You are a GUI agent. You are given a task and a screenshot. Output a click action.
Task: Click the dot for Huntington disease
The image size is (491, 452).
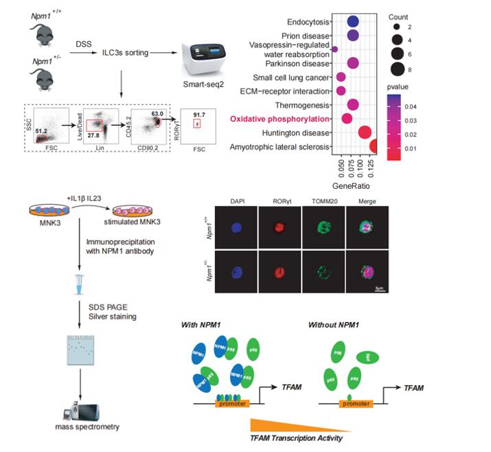click(365, 133)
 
